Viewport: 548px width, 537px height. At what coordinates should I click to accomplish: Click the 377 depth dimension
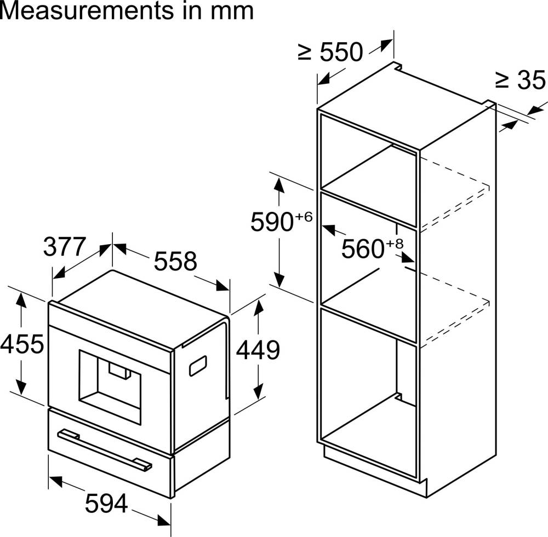click(x=65, y=246)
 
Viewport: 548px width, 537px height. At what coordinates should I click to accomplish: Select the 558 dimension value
click(x=175, y=262)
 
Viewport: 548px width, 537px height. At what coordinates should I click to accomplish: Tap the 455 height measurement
click(x=22, y=344)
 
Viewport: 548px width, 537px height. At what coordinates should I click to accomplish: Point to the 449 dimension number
click(x=258, y=350)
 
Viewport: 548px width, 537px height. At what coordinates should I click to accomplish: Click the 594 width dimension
click(x=106, y=503)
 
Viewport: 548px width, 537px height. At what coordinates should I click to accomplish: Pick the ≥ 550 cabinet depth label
click(x=330, y=52)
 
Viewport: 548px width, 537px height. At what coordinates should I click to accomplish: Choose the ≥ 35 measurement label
click(x=520, y=80)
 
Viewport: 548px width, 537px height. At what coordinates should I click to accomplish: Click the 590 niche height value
click(x=270, y=222)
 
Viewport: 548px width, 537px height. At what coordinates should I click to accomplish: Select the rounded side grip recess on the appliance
click(x=198, y=365)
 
